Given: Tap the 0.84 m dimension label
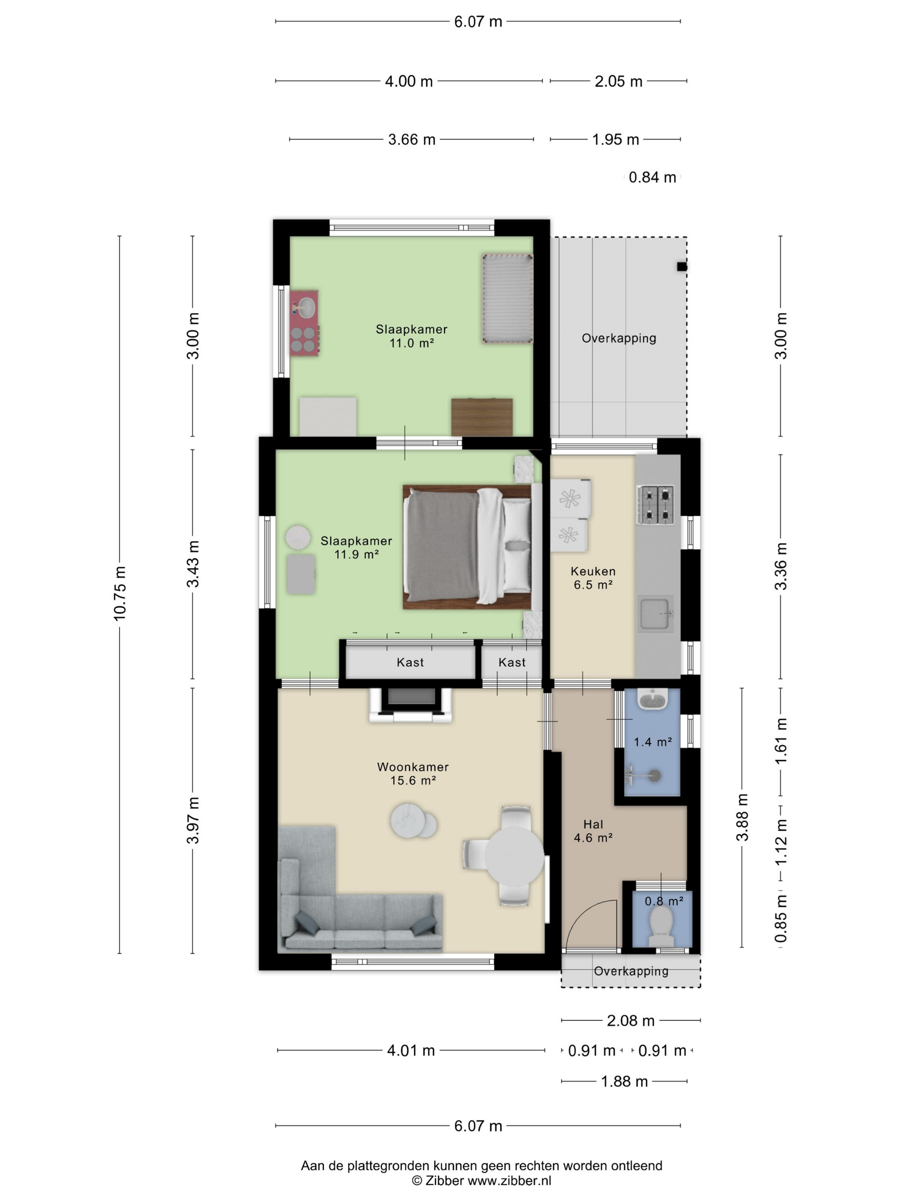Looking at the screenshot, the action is point(652,178).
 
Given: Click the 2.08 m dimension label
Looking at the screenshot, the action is point(630,1021).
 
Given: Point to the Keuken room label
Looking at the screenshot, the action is point(593,571).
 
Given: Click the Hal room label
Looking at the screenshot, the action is point(594,824).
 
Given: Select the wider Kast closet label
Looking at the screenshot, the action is point(410,662).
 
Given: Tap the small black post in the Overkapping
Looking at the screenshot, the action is point(682,267).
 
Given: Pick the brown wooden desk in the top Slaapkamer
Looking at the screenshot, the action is point(482,417).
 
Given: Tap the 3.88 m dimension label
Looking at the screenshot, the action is point(742,817).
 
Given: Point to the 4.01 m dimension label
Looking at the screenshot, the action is point(411,1050).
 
